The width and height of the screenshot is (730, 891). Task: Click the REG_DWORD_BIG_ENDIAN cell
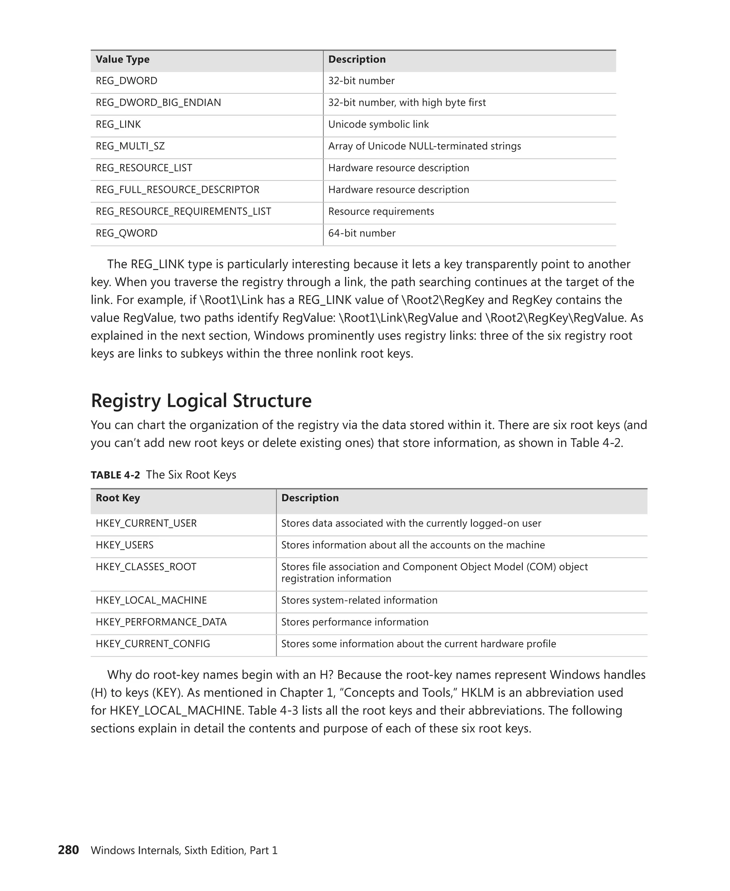(x=158, y=103)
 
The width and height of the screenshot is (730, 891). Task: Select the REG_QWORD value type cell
(x=127, y=233)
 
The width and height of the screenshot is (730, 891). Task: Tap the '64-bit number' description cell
(x=362, y=233)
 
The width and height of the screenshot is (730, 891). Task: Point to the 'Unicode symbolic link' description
(x=378, y=124)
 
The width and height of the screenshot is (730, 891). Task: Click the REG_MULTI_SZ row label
(x=130, y=146)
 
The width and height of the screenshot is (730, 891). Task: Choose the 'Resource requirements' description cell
(x=381, y=211)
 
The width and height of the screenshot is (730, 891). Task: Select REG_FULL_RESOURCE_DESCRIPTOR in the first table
(x=177, y=190)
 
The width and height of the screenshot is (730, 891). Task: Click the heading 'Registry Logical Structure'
(x=201, y=401)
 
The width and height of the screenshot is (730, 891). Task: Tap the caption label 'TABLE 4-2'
(x=115, y=475)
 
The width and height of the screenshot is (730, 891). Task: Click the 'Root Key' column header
(x=118, y=498)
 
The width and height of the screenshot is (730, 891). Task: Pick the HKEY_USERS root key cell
(x=124, y=545)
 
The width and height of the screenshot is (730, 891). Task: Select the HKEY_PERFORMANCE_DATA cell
(x=161, y=622)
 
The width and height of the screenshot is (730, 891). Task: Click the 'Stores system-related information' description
(x=359, y=601)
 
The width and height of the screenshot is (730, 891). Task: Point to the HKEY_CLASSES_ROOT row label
(x=146, y=567)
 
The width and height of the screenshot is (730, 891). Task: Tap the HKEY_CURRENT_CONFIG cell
(x=153, y=644)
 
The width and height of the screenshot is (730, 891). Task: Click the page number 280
(x=68, y=850)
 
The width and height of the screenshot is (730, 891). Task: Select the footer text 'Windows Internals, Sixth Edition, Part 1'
(x=184, y=851)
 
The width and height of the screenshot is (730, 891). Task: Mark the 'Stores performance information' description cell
(x=355, y=622)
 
